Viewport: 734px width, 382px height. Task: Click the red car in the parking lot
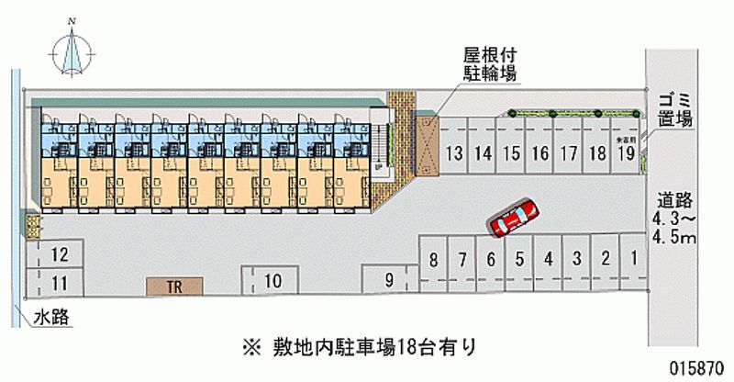tap(514, 218)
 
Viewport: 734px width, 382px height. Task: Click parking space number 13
tap(453, 153)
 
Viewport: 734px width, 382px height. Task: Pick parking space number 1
tap(633, 259)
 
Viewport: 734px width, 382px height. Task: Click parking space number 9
tap(389, 279)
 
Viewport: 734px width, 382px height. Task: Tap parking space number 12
tap(59, 255)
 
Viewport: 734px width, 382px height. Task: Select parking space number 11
tap(59, 282)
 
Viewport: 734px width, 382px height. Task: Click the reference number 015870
tap(698, 365)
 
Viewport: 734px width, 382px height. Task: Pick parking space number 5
tap(519, 259)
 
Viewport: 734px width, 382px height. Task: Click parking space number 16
tap(540, 153)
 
